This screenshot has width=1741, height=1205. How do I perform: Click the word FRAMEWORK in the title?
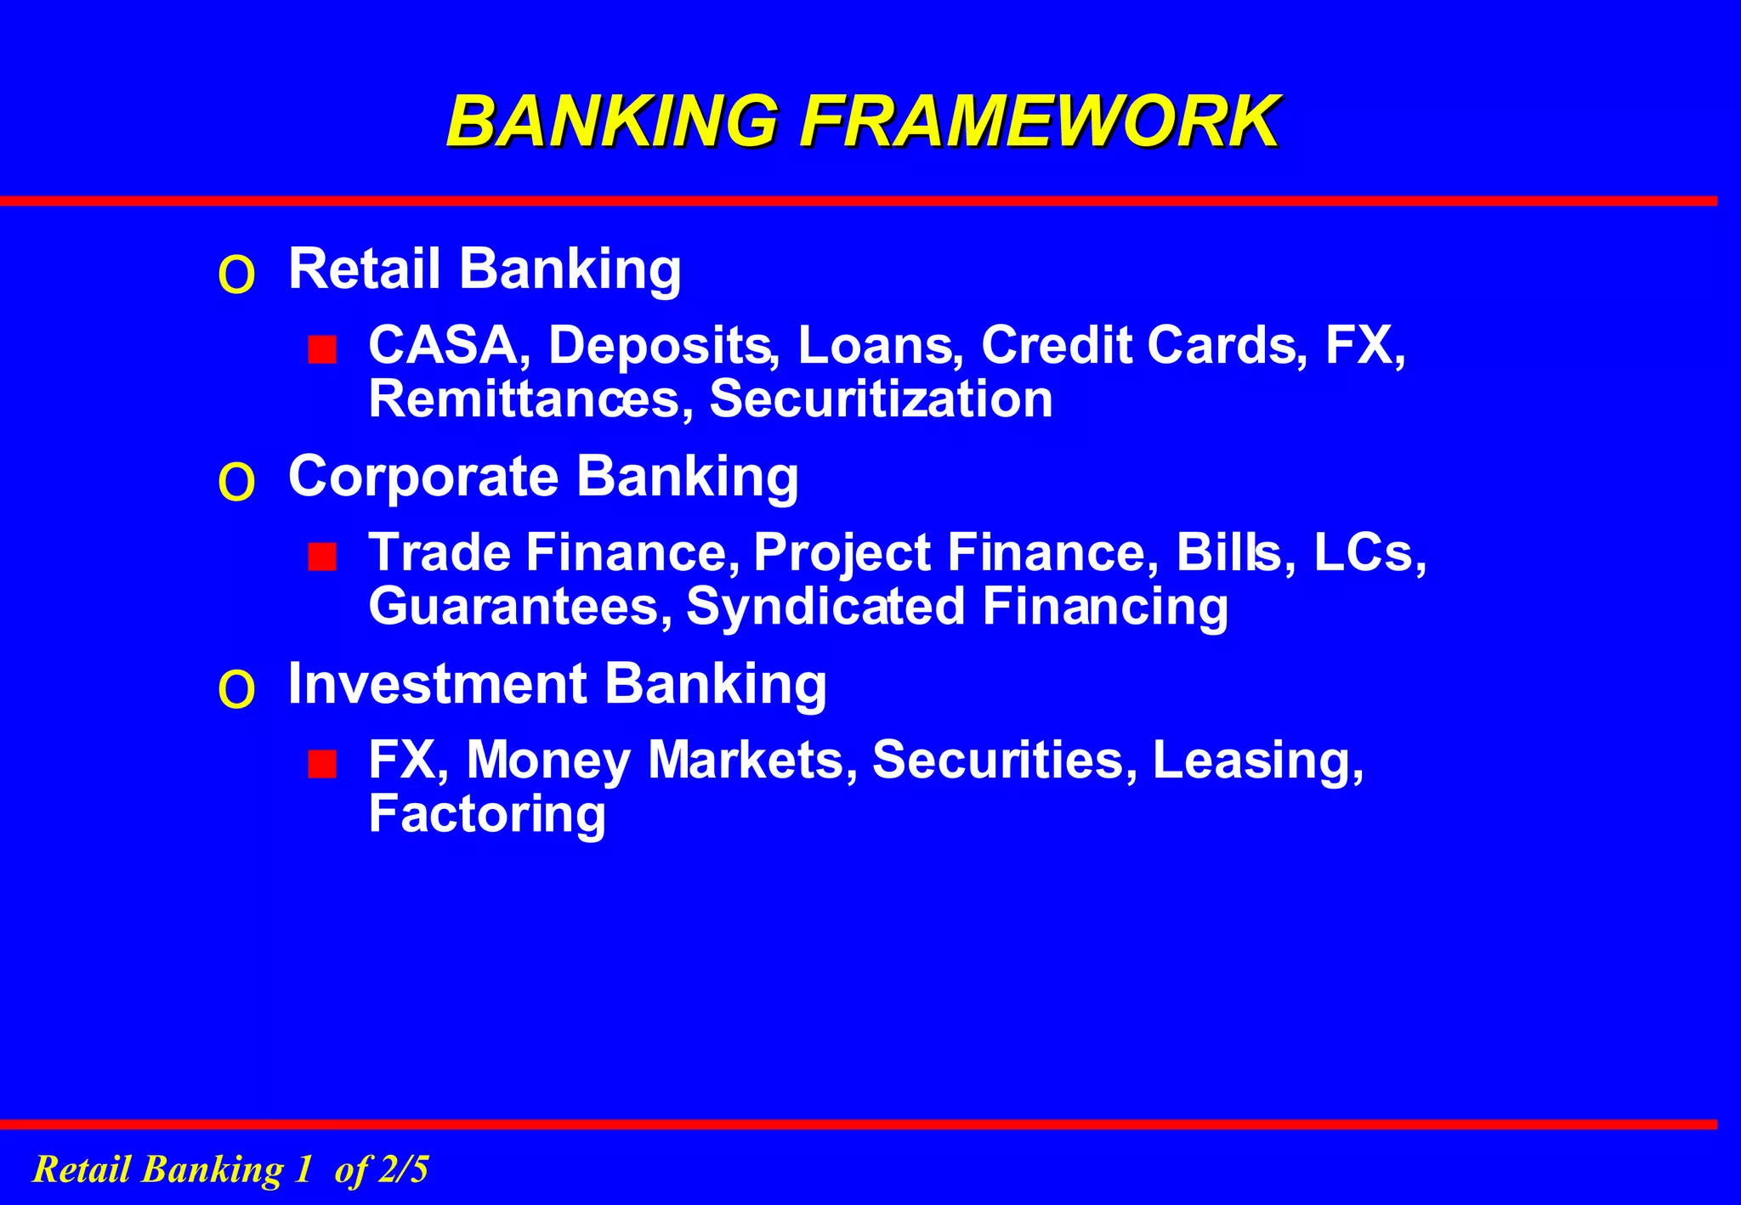click(1039, 122)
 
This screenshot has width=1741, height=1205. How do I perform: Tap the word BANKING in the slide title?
click(612, 122)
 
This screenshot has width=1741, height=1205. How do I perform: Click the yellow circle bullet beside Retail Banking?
click(236, 274)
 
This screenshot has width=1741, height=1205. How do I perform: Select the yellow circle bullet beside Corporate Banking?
click(236, 483)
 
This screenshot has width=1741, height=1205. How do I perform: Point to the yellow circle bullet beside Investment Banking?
click(236, 689)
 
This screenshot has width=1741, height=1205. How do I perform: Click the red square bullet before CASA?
click(322, 349)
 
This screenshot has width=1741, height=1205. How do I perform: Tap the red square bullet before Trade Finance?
click(322, 557)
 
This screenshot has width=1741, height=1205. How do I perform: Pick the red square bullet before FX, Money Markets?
click(322, 764)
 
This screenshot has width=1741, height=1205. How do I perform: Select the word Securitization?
click(881, 399)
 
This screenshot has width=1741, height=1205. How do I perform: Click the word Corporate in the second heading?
click(423, 476)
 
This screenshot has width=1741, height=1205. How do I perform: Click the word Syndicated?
click(825, 607)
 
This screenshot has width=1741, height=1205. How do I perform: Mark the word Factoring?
click(487, 814)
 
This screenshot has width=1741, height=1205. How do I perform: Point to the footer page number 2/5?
click(404, 1169)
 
